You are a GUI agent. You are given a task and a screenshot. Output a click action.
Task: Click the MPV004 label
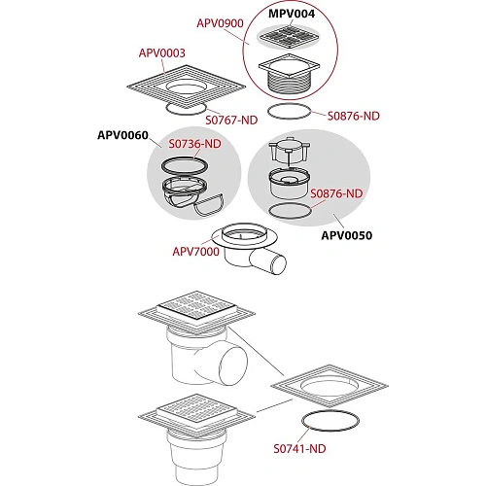(x=292, y=14)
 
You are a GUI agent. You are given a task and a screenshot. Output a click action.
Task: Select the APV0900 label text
(x=220, y=23)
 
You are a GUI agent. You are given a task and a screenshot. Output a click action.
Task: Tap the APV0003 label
(x=162, y=52)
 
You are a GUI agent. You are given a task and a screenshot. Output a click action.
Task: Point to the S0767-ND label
(x=231, y=121)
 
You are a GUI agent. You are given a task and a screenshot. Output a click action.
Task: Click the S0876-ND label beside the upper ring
(x=354, y=116)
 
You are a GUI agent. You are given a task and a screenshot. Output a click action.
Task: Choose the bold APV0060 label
(x=122, y=135)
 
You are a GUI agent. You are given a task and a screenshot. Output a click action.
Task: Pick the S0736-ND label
(x=194, y=144)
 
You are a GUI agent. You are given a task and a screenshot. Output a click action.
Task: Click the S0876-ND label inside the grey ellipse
(x=336, y=193)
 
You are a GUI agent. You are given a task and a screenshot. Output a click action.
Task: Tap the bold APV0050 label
(x=347, y=235)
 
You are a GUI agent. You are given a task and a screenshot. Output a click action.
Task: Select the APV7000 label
(x=195, y=252)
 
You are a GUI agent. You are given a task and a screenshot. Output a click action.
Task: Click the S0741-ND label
(x=299, y=449)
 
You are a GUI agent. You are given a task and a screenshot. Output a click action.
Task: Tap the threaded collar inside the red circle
(x=290, y=86)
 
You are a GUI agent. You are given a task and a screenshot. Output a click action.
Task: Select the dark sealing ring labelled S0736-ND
(x=185, y=165)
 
